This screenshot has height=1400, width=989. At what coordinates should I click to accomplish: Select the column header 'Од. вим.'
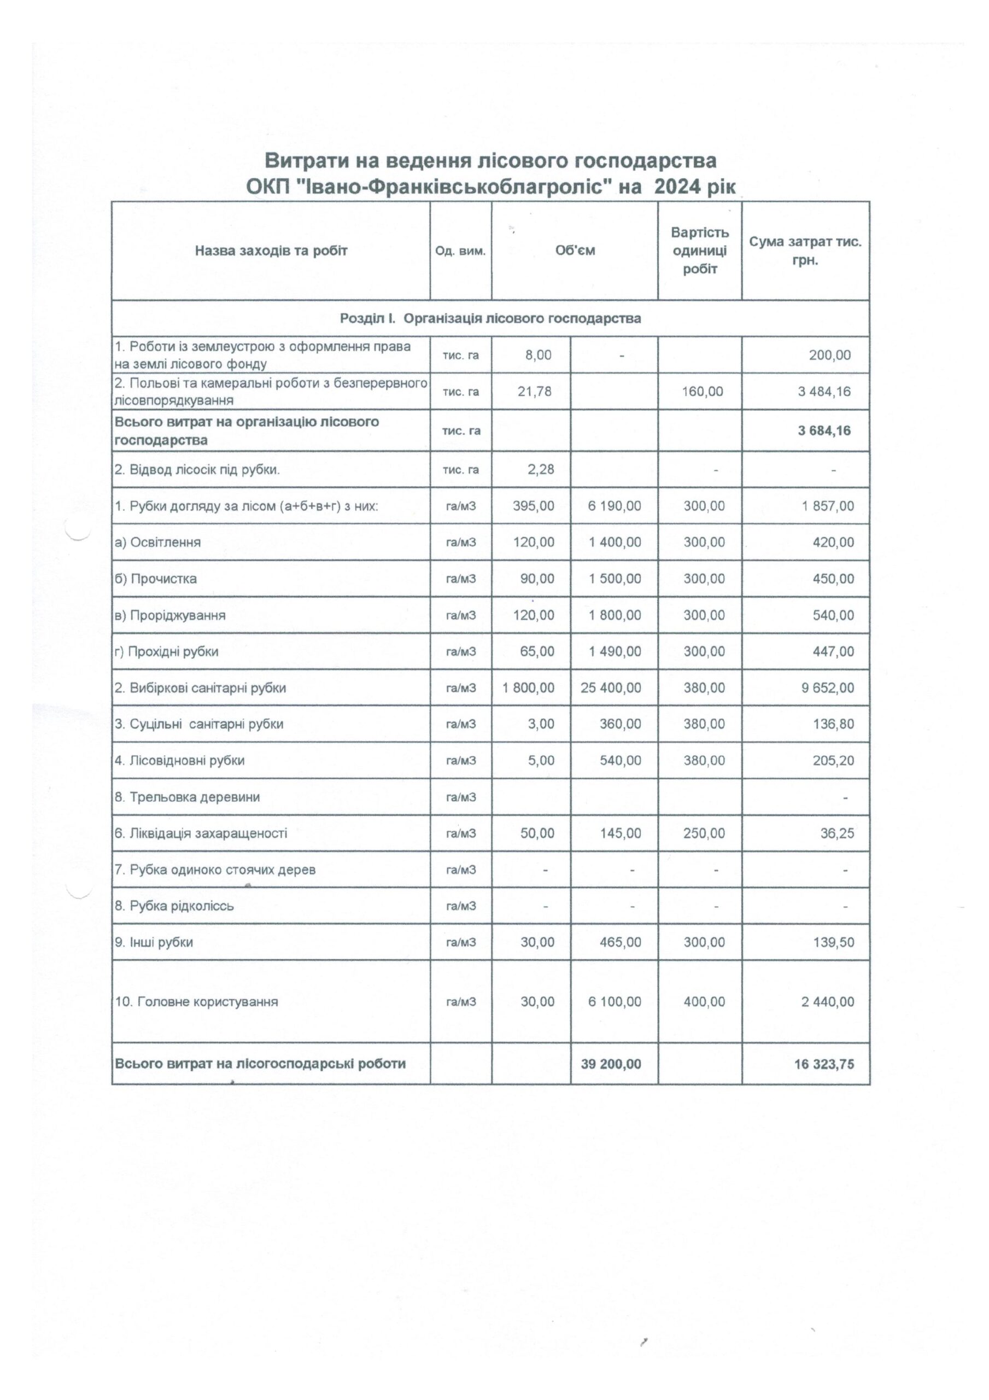point(460,251)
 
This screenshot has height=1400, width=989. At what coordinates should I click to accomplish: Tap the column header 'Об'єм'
point(575,250)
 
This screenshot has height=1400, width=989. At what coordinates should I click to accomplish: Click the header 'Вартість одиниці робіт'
point(699,250)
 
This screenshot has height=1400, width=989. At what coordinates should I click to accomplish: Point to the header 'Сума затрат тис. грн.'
point(805,250)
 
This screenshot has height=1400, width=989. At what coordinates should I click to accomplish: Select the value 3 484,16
point(824,391)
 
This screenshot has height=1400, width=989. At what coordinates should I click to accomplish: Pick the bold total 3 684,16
point(824,430)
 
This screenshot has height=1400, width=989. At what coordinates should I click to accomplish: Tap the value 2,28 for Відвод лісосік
point(540,470)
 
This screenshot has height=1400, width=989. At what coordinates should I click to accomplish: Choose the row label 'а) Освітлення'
point(158,542)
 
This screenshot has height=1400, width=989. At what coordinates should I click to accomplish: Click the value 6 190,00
point(615,505)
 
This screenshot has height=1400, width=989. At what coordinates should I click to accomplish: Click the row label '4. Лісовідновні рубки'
point(180,760)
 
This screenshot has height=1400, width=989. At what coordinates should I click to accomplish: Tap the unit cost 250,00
point(704,833)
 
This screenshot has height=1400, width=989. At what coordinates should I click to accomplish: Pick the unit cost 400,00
point(704,1002)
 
